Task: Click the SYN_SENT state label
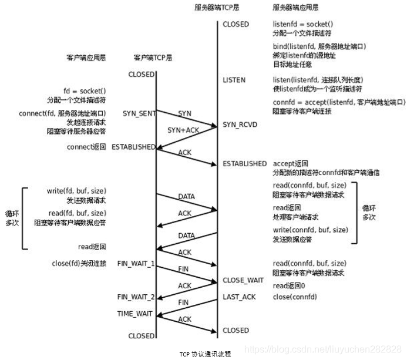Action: click(x=138, y=112)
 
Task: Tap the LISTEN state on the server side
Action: click(x=234, y=80)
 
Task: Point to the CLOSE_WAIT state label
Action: click(x=243, y=280)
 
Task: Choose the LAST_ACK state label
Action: click(x=239, y=297)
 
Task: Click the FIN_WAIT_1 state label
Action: click(x=136, y=264)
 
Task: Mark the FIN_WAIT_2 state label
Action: click(x=136, y=297)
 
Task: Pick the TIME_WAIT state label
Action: click(x=136, y=314)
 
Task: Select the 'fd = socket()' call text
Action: click(x=85, y=91)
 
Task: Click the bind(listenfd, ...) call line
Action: click(x=319, y=46)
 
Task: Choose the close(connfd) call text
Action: click(x=295, y=297)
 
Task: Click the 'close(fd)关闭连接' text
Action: click(x=79, y=264)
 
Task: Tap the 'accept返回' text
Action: click(x=291, y=163)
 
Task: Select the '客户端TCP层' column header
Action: click(x=153, y=58)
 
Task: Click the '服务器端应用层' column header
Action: click(x=296, y=8)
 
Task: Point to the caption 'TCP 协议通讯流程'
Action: click(x=205, y=354)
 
